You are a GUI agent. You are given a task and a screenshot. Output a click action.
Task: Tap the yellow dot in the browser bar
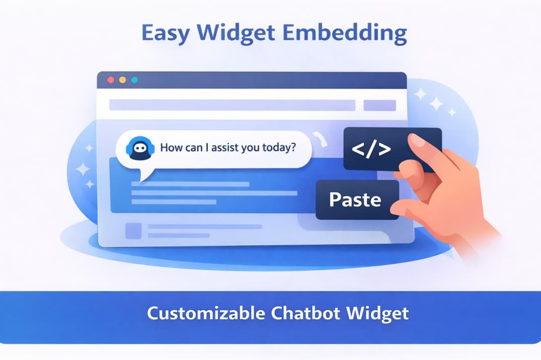123,80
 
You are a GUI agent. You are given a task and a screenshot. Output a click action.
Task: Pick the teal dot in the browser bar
134,80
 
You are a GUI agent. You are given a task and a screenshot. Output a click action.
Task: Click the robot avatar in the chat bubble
138,149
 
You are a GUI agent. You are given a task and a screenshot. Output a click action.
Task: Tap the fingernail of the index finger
417,140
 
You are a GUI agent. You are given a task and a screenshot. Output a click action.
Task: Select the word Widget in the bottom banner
377,313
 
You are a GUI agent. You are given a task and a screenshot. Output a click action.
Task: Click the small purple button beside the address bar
379,105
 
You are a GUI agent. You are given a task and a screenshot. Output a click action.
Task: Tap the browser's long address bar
232,105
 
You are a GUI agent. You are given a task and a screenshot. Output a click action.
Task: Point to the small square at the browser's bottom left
133,231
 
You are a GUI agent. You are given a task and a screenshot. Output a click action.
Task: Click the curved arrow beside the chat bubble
320,139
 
